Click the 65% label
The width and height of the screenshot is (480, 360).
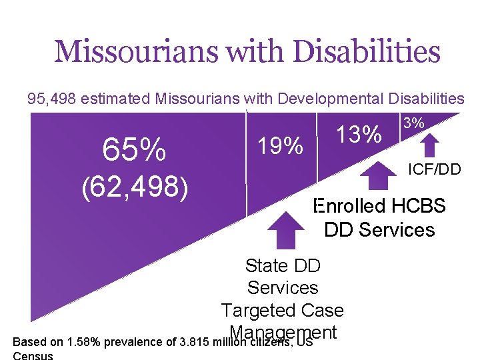134,151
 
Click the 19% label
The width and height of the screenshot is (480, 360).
280,145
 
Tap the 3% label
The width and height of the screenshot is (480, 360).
414,123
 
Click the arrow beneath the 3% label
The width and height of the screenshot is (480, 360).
431,145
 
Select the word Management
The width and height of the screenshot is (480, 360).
283,332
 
